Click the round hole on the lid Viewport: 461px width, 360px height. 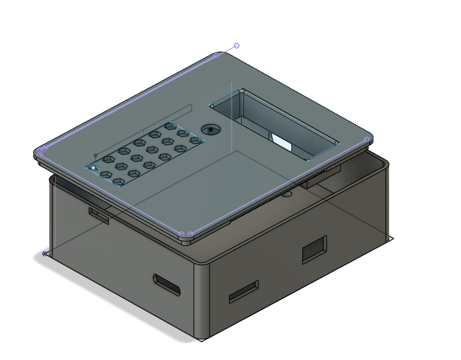pyautogui.click(x=211, y=129)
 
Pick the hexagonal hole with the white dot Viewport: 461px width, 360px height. pyautogui.click(x=93, y=168)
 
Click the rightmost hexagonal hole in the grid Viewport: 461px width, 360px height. pyautogui.click(x=195, y=140)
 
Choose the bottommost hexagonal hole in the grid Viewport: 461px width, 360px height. pyautogui.click(x=118, y=182)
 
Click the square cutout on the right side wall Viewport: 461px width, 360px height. pyautogui.click(x=314, y=249)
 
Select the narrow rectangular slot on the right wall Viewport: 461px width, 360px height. pyautogui.click(x=244, y=292)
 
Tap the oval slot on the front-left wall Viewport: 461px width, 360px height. pyautogui.click(x=167, y=284)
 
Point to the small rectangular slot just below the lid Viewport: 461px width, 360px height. pyautogui.click(x=98, y=215)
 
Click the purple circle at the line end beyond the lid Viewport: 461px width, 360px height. pyautogui.click(x=236, y=46)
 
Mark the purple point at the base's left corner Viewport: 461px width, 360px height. pyautogui.click(x=45, y=254)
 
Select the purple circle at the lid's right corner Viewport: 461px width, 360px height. pyautogui.click(x=367, y=139)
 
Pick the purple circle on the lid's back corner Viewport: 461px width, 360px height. pyautogui.click(x=215, y=55)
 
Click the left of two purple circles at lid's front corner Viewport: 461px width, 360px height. pyautogui.click(x=181, y=234)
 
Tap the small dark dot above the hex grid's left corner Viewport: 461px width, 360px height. pyautogui.click(x=95, y=156)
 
